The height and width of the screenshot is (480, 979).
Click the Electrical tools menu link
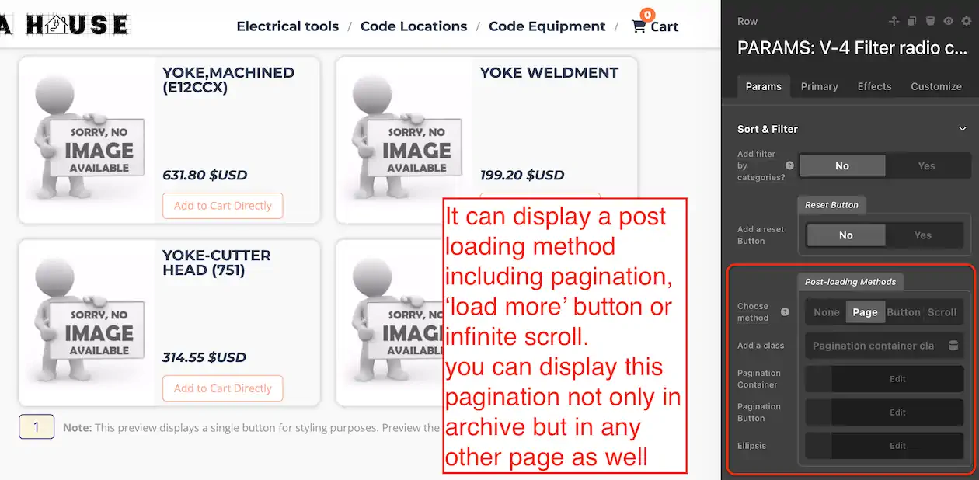pyautogui.click(x=287, y=26)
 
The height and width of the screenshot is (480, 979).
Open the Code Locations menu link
pyautogui.click(x=413, y=26)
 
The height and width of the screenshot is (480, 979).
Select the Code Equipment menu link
pyautogui.click(x=547, y=26)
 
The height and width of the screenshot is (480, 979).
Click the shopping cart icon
pyautogui.click(x=639, y=26)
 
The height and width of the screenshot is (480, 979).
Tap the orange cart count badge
pyautogui.click(x=647, y=15)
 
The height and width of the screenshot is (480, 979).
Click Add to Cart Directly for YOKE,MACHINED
pyautogui.click(x=222, y=205)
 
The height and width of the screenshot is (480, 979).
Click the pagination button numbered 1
pyautogui.click(x=37, y=426)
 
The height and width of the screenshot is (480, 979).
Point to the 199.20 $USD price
pyautogui.click(x=522, y=175)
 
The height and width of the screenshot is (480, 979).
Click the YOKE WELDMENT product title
pyautogui.click(x=549, y=72)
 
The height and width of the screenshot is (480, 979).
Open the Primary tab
pyautogui.click(x=819, y=86)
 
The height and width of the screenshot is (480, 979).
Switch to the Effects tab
pyautogui.click(x=874, y=86)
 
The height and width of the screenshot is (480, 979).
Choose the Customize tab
pyautogui.click(x=936, y=86)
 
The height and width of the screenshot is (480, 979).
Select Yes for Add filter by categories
pyautogui.click(x=926, y=165)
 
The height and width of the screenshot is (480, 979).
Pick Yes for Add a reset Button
pyautogui.click(x=923, y=235)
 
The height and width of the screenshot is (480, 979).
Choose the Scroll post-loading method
pyautogui.click(x=942, y=312)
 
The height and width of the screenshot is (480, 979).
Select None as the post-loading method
pyautogui.click(x=827, y=312)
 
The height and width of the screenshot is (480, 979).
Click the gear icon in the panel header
pyautogui.click(x=966, y=21)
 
